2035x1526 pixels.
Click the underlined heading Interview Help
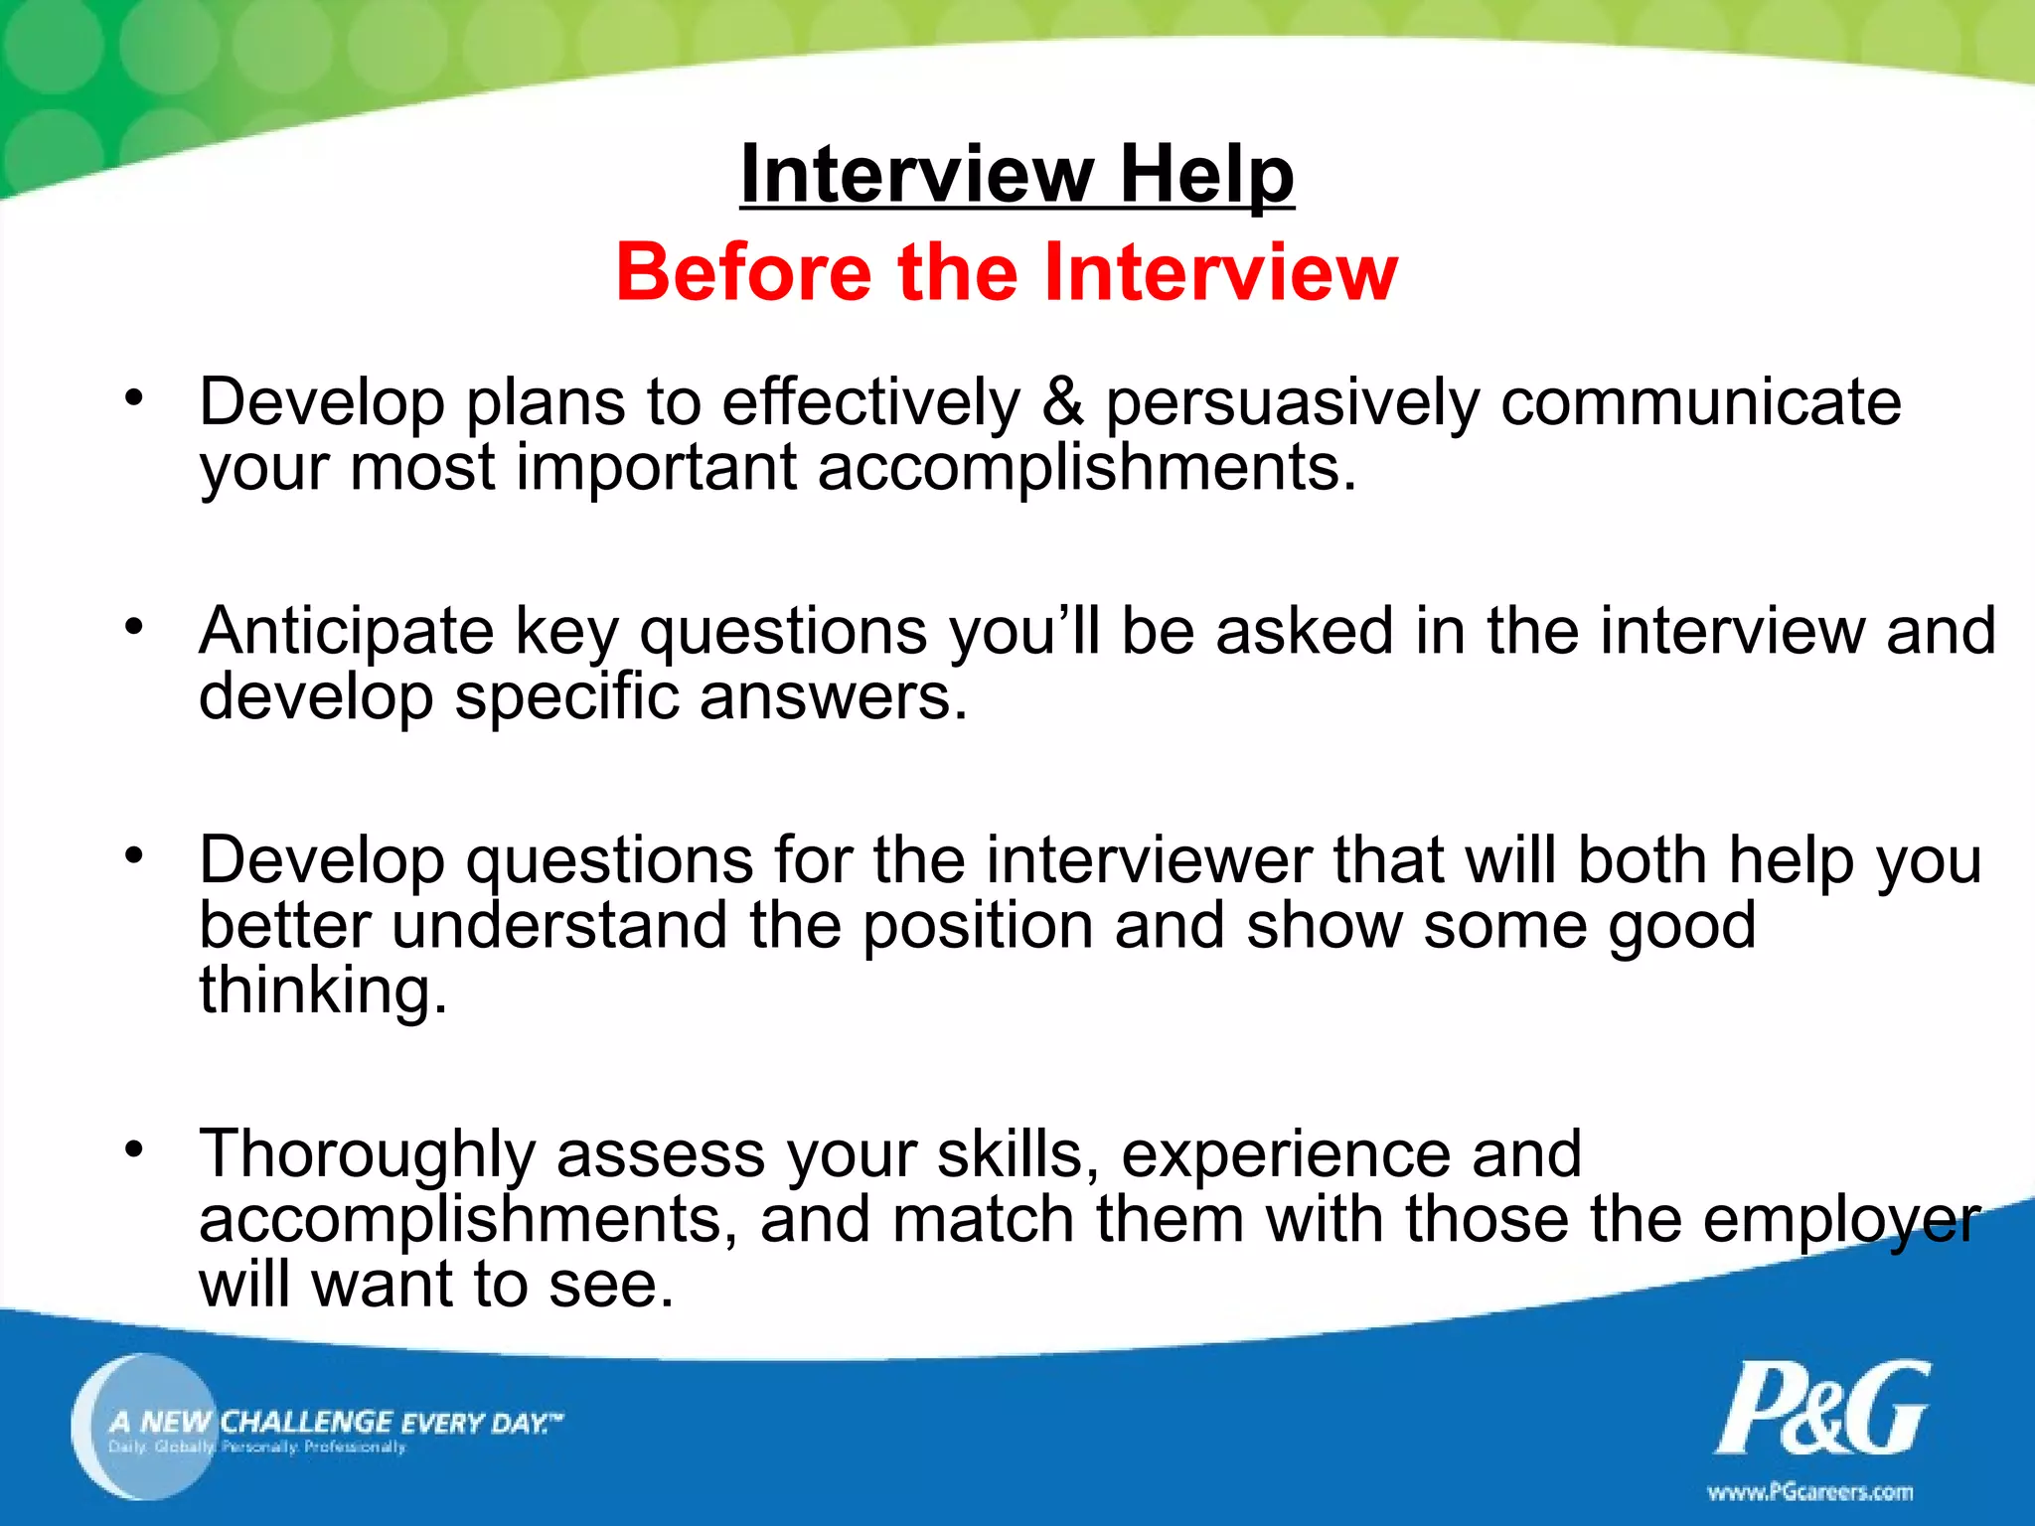point(1017,174)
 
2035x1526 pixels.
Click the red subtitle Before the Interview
point(1007,272)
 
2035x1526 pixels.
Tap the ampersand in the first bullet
point(1062,402)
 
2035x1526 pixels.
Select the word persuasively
point(1292,405)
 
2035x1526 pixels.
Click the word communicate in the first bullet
point(1700,402)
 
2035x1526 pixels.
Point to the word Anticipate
point(346,632)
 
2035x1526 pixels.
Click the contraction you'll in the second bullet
point(1024,632)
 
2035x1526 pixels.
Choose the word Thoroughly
point(367,1155)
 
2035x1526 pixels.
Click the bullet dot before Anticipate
point(135,627)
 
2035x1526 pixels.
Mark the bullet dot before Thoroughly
point(135,1150)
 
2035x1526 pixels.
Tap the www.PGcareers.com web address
point(1809,1492)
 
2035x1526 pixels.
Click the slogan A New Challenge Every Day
point(336,1423)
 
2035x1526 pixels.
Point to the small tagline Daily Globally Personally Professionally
point(257,1448)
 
